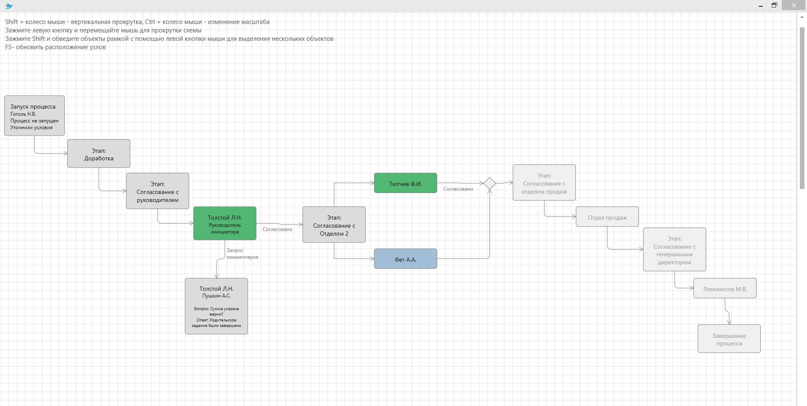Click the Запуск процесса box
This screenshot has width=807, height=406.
[x=34, y=116]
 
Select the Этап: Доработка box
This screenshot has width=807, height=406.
[x=99, y=154]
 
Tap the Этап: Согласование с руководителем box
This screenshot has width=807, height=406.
[x=158, y=191]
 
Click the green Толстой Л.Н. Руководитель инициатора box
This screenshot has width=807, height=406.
[x=225, y=223]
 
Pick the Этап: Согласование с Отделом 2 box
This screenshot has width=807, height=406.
[x=334, y=225]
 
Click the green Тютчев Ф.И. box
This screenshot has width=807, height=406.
[x=406, y=183]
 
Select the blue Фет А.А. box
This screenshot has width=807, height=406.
[x=406, y=259]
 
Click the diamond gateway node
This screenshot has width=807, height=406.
[x=490, y=183]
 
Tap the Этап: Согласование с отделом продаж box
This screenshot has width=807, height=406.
[x=544, y=183]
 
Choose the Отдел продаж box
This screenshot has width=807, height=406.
[x=607, y=217]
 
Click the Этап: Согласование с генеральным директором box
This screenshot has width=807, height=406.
[x=675, y=249]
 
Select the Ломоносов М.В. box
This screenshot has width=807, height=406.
[x=725, y=288]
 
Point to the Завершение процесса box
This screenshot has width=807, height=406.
[x=729, y=339]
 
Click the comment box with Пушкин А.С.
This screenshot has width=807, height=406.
[x=216, y=306]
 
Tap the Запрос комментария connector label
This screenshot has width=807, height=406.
[x=242, y=254]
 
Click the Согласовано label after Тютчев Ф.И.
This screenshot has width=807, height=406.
[x=458, y=189]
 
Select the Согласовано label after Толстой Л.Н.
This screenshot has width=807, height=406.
[x=277, y=229]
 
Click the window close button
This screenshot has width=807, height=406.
[x=794, y=5]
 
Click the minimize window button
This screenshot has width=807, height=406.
[x=761, y=5]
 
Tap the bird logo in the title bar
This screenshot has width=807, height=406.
[x=9, y=6]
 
